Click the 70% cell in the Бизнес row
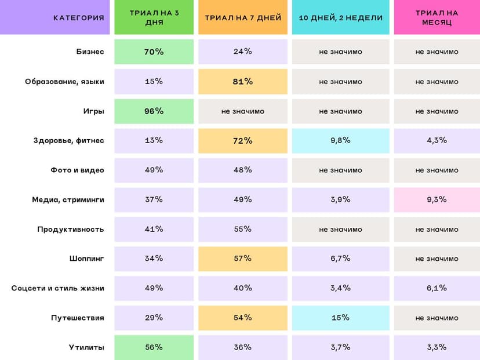(154, 52)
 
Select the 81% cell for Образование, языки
(242, 81)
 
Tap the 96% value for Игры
(154, 111)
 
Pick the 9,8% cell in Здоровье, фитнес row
(340, 140)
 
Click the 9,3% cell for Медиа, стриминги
(437, 199)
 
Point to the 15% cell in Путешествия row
(340, 318)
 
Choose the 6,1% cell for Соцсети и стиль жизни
(437, 288)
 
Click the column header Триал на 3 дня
(154, 17)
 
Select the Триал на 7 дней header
(242, 17)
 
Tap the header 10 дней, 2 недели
(340, 17)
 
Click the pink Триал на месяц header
(437, 17)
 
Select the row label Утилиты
(87, 347)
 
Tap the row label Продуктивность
(71, 229)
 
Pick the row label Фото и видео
(77, 170)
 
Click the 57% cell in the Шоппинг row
(242, 259)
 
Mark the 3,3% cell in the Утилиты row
(437, 347)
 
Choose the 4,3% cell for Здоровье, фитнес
(437, 140)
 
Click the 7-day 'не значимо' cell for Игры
(242, 111)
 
